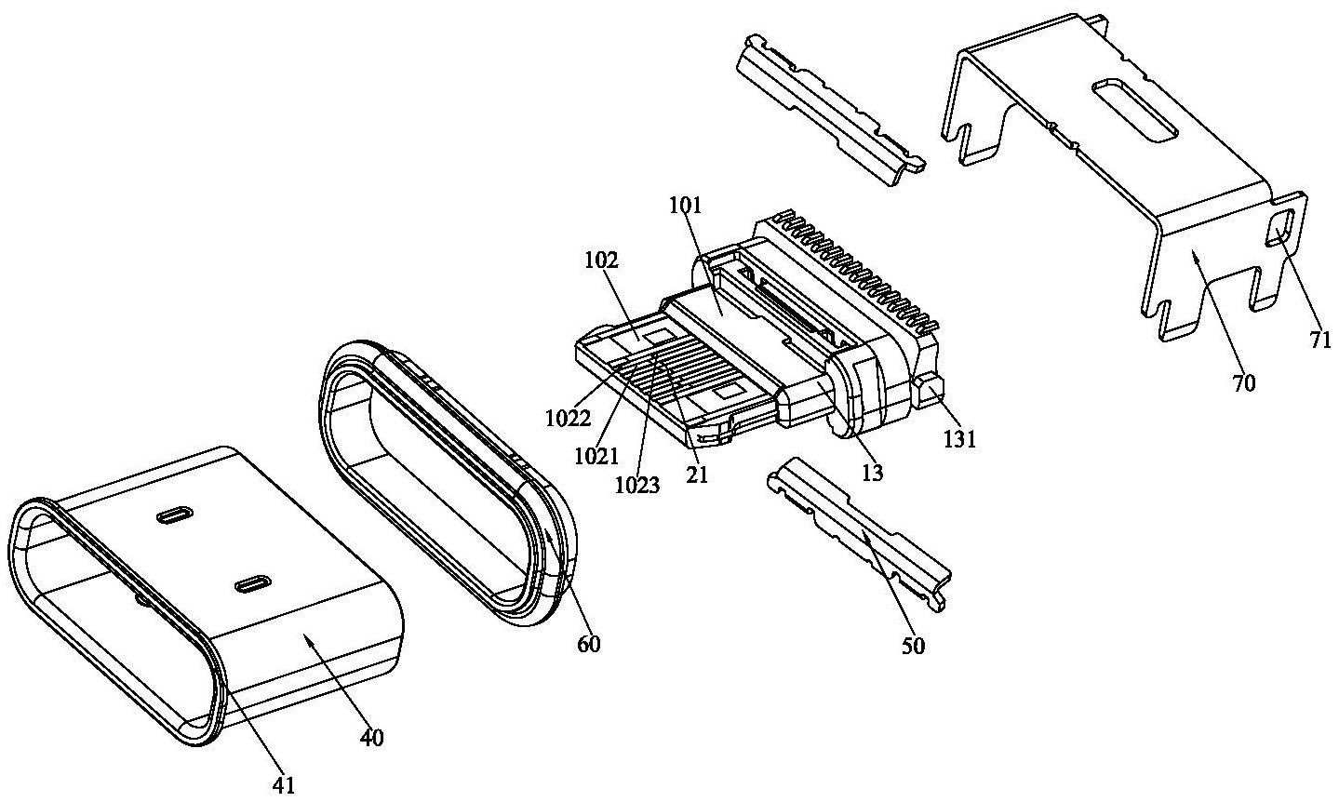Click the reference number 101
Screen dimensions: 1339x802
[x=685, y=206]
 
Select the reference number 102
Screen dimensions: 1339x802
[x=602, y=261]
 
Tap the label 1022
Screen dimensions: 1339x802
[x=568, y=419]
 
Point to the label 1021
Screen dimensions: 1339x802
[x=596, y=457]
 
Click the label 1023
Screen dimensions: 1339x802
[x=637, y=486]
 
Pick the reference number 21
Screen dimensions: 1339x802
[x=696, y=475]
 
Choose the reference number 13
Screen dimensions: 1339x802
[x=872, y=473]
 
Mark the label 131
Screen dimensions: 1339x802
[x=959, y=440]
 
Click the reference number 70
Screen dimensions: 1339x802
[x=1243, y=382]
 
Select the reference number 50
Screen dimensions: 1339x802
[x=913, y=646]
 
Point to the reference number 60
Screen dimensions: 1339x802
[x=588, y=644]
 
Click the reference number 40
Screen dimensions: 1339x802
[x=371, y=738]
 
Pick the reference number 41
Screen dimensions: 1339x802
[x=284, y=785]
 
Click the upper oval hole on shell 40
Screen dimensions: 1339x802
[x=175, y=515]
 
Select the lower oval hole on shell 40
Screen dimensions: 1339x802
[x=253, y=584]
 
